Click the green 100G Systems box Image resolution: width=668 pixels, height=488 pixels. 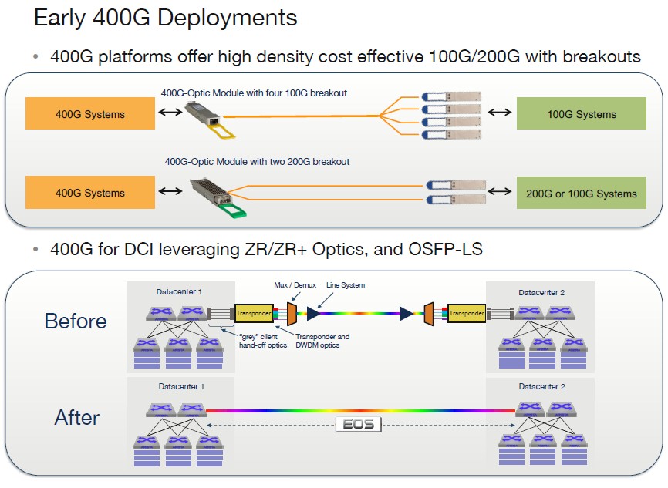click(x=581, y=114)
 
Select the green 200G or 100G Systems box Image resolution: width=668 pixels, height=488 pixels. click(x=581, y=193)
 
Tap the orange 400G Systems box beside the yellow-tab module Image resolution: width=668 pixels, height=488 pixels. click(x=89, y=114)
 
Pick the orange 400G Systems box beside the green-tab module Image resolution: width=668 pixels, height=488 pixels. click(x=89, y=193)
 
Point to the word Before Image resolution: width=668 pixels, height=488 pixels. click(x=76, y=321)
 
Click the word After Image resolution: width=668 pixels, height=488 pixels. click(x=76, y=418)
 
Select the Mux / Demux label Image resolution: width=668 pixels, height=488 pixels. click(x=292, y=285)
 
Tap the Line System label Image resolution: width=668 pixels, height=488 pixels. click(x=345, y=285)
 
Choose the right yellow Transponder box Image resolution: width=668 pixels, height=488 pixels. click(x=465, y=313)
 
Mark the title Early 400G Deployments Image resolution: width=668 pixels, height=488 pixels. click(x=165, y=18)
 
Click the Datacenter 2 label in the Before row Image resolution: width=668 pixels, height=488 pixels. click(x=542, y=293)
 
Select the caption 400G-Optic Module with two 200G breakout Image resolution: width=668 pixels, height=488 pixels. click(x=257, y=162)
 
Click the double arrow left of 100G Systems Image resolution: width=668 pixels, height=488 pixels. click(x=499, y=113)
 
